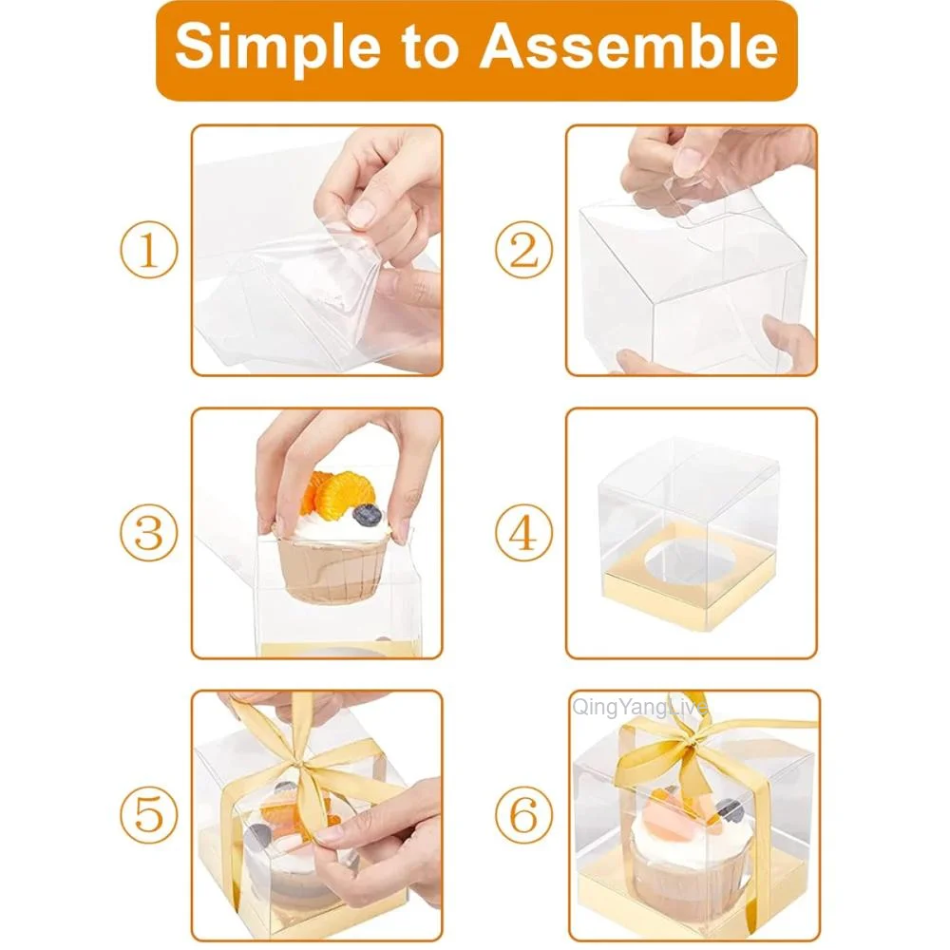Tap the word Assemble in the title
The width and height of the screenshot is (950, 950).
(x=629, y=47)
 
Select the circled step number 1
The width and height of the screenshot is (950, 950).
(x=148, y=252)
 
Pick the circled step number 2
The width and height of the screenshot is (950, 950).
(x=523, y=252)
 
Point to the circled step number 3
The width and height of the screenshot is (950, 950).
(x=148, y=534)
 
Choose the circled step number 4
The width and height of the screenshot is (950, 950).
(x=523, y=534)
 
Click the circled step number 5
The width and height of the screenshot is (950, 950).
(x=148, y=815)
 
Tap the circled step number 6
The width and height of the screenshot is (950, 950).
(x=523, y=815)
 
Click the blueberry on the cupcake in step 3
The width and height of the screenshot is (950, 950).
(x=368, y=515)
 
